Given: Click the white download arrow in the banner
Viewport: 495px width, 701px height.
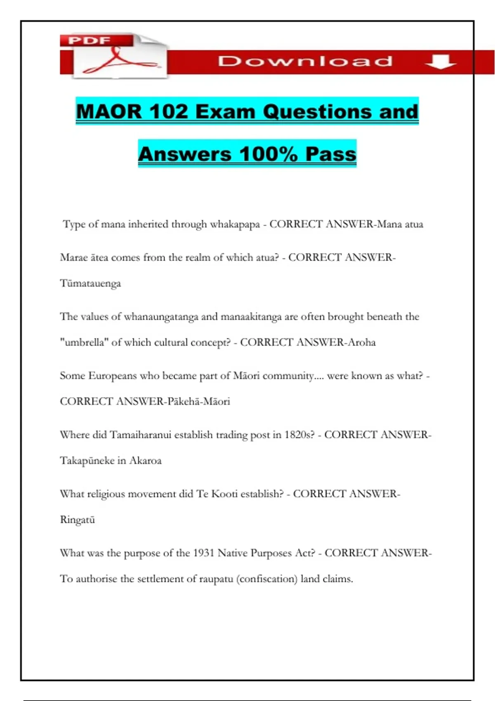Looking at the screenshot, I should [440, 62].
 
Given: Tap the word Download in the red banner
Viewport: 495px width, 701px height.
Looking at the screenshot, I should [305, 61].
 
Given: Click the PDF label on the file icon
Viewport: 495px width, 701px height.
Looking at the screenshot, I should [90, 40].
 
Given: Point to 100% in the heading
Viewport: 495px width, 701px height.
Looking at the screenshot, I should [269, 154].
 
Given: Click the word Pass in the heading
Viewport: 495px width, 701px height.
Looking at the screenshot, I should [331, 154].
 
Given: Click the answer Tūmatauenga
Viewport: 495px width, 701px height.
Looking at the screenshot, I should [90, 284].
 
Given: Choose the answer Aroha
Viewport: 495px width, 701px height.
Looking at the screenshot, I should [362, 342].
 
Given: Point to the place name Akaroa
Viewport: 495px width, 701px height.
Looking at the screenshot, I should [145, 461].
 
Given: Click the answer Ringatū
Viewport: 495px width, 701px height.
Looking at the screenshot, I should [78, 520].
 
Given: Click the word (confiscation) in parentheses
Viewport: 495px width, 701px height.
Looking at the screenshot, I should [267, 579].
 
